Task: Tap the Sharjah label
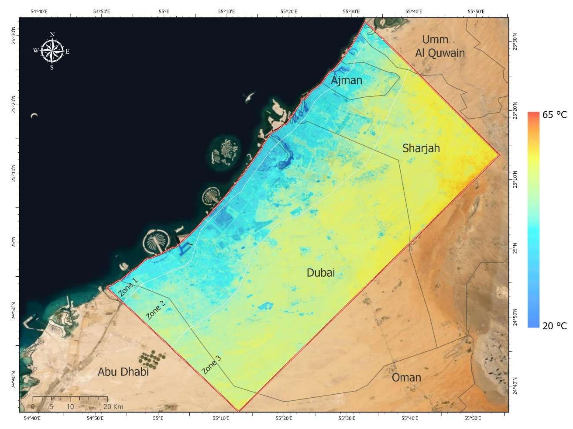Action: [421, 148]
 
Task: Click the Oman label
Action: [406, 377]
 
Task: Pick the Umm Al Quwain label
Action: [440, 47]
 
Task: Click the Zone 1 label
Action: [128, 287]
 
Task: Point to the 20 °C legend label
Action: [555, 326]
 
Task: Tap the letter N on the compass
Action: [52, 34]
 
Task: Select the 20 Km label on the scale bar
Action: [113, 406]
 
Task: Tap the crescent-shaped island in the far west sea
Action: [34, 116]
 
